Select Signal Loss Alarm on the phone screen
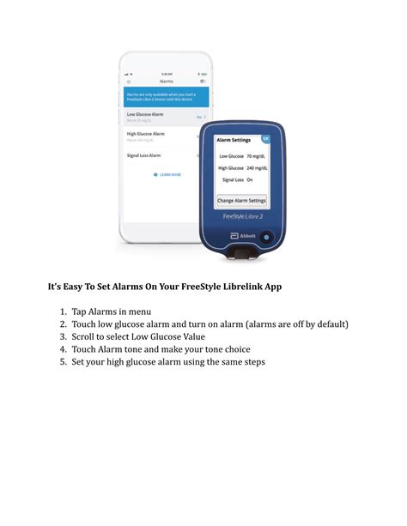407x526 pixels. (144, 155)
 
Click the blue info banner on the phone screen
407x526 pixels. (163, 97)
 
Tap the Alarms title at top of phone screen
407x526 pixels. (167, 82)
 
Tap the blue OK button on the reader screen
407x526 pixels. (265, 138)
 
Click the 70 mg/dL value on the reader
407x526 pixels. (255, 156)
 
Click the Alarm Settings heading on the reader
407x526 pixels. (233, 139)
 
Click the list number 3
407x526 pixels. (64, 336)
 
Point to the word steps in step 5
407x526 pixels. (248, 362)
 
